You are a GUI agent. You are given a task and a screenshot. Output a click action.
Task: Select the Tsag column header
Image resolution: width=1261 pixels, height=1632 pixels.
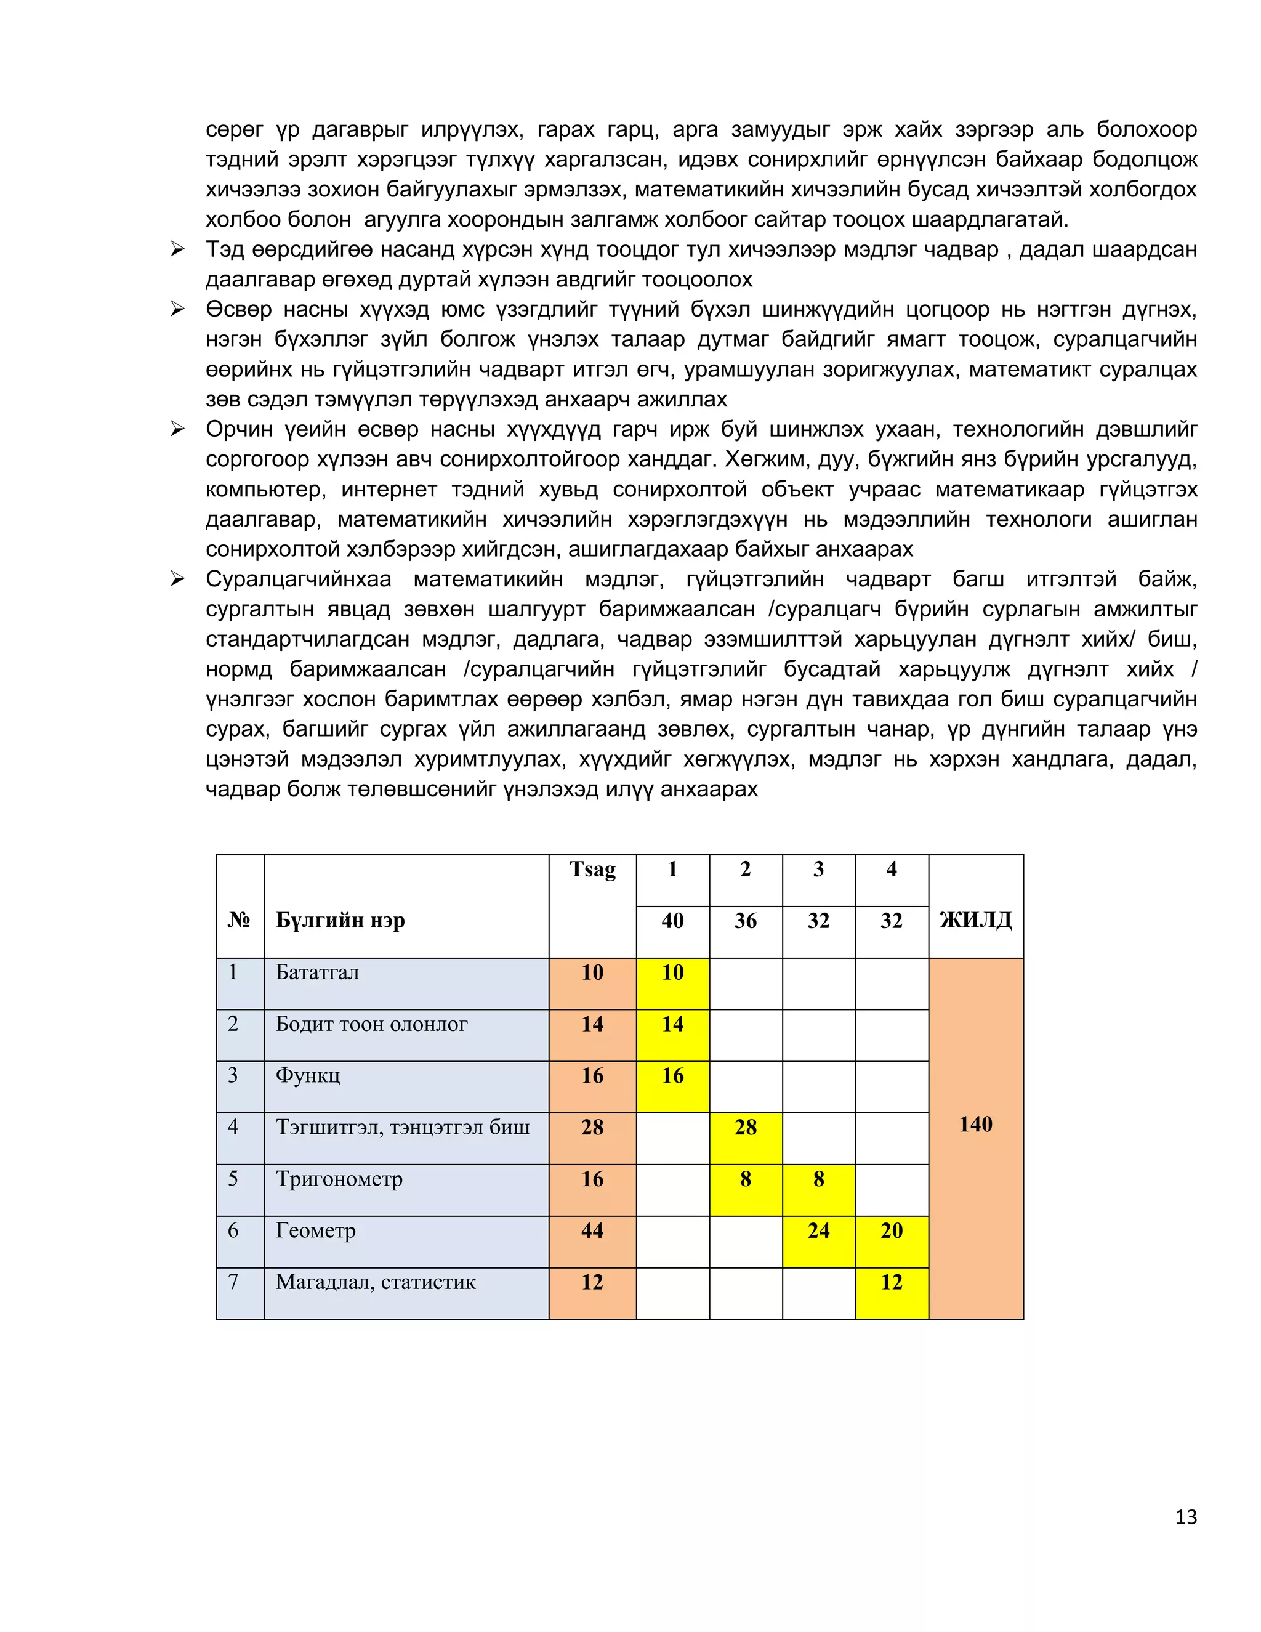[x=592, y=870]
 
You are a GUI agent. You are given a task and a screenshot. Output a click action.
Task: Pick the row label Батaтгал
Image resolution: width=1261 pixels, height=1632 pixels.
[x=318, y=972]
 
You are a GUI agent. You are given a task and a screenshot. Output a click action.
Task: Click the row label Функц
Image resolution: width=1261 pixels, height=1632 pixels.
[x=308, y=1075]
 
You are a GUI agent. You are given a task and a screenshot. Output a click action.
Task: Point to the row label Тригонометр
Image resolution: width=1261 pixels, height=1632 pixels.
[x=339, y=1178]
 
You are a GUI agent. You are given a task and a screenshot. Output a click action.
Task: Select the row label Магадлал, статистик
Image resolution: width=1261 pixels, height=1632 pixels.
[x=376, y=1282]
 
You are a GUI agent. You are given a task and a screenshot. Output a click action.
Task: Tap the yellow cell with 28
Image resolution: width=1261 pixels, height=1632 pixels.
[x=746, y=1127]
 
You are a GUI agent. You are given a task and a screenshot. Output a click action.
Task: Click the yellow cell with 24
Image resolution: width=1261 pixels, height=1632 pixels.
[x=819, y=1230]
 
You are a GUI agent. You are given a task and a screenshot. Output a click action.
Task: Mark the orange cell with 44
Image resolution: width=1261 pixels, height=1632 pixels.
[x=592, y=1230]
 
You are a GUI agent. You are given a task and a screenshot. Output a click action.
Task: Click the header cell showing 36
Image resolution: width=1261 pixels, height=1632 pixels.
[x=746, y=921]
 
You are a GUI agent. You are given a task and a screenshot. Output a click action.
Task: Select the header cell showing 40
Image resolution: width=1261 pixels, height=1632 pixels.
[x=672, y=921]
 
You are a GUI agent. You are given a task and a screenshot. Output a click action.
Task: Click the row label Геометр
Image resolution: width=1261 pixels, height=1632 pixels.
[x=316, y=1230]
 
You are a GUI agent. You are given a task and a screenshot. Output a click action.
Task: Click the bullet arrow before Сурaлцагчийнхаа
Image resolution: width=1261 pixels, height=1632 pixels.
[x=177, y=578]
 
